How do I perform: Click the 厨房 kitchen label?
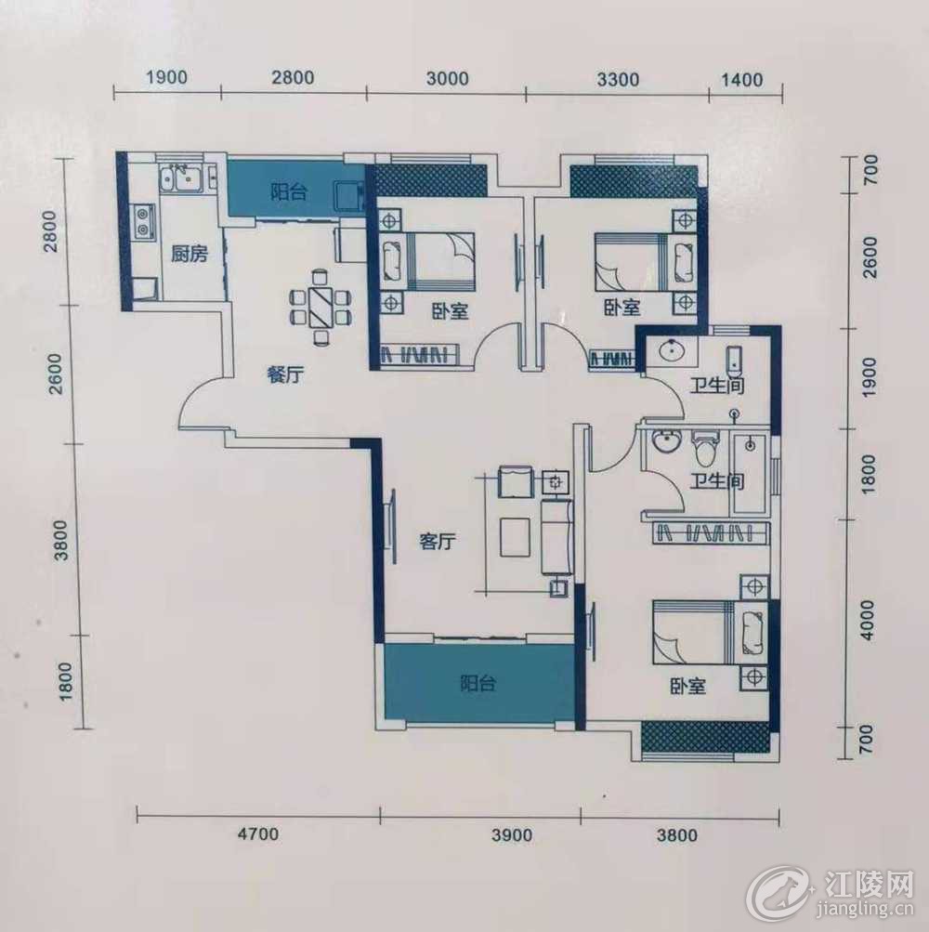click(190, 255)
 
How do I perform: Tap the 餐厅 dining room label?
click(286, 374)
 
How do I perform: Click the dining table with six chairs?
click(321, 308)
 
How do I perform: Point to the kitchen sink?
click(181, 177)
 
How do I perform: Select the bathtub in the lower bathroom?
click(749, 474)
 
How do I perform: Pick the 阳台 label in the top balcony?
click(289, 191)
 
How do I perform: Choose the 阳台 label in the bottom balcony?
click(478, 684)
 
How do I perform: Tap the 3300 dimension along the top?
click(618, 79)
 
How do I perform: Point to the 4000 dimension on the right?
click(869, 620)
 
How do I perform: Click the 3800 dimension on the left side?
click(61, 540)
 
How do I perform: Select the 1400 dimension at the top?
click(743, 79)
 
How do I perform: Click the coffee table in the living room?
click(515, 537)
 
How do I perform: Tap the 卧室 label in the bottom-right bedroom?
click(688, 687)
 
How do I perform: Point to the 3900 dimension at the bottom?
click(512, 835)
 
